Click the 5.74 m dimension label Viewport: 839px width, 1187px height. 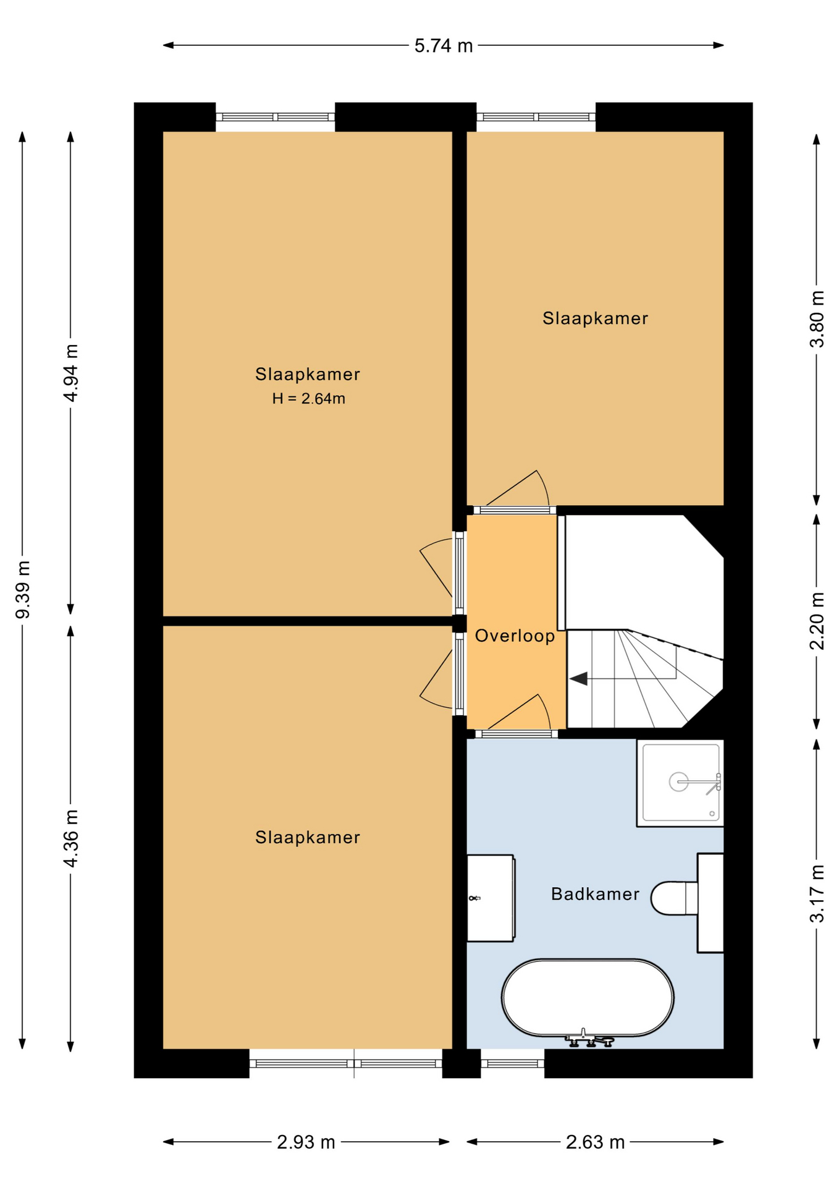(x=443, y=46)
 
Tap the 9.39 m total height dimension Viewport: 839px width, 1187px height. (x=23, y=589)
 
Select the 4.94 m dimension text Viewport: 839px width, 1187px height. (x=71, y=373)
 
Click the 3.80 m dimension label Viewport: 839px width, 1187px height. (x=817, y=319)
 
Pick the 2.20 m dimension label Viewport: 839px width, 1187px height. (x=817, y=621)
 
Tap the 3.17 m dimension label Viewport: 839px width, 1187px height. (x=817, y=893)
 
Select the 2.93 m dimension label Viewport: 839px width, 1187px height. (x=305, y=1142)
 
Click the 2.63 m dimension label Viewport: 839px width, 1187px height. (x=594, y=1142)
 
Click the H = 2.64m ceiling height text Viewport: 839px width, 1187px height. (x=308, y=399)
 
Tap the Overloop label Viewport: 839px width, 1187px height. (x=515, y=636)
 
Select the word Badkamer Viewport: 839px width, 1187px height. (x=594, y=894)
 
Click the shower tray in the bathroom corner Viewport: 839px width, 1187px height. (x=680, y=783)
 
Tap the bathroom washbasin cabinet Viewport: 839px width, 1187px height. (x=490, y=898)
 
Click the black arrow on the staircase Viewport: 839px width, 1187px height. (x=579, y=679)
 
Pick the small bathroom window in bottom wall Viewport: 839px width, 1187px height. (x=512, y=1063)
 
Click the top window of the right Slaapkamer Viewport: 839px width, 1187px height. (x=536, y=117)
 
